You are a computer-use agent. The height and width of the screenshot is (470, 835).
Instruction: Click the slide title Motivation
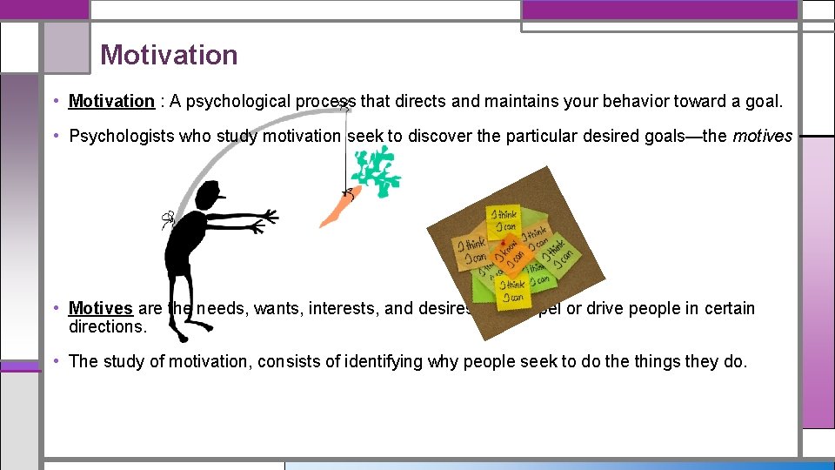169,55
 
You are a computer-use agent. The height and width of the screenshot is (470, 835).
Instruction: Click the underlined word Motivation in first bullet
111,101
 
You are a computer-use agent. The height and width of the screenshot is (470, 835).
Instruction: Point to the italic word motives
762,136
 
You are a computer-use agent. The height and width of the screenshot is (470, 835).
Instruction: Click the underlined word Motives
100,308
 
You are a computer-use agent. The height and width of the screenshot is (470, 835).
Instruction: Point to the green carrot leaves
376,171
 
